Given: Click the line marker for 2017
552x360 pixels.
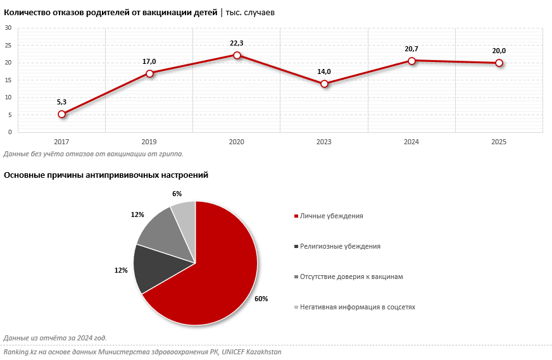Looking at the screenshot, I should click(62, 114).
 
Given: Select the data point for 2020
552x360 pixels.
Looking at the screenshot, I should click(237, 55).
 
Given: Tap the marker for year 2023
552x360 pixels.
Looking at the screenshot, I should click(324, 84).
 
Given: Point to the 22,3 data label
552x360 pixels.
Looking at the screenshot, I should click(237, 43).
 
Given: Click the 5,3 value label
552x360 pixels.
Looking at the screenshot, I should click(62, 102).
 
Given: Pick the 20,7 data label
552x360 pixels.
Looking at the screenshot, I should click(411, 49).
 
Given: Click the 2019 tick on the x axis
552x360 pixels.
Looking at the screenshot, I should click(149, 142).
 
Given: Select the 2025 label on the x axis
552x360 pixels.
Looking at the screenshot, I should click(499, 142).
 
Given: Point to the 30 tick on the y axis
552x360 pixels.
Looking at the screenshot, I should click(9, 28).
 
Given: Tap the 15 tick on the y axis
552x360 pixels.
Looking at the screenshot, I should click(9, 80).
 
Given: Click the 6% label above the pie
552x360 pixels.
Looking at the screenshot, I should click(177, 194).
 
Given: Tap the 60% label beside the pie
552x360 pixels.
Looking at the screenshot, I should click(261, 299).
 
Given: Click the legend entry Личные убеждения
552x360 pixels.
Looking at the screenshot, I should click(331, 216).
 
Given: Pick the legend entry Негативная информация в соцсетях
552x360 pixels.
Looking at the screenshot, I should click(357, 307).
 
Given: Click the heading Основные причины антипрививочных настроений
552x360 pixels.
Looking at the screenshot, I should click(106, 175).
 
